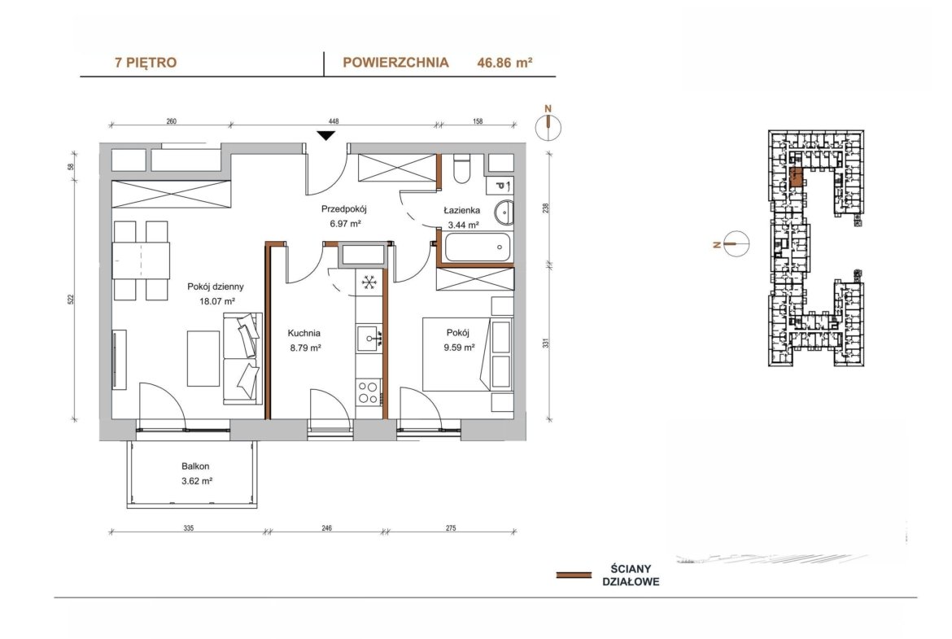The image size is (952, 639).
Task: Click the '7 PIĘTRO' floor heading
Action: [146, 63]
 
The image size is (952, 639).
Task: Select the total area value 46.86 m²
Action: [504, 63]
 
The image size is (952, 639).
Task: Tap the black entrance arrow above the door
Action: [326, 135]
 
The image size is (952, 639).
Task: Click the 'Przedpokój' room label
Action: [344, 209]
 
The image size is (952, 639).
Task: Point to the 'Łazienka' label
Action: [462, 210]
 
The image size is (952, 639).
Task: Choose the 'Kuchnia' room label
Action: [304, 333]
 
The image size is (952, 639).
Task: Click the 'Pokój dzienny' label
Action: [216, 287]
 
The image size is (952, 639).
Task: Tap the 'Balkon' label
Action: [195, 466]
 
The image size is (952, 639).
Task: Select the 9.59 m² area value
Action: [458, 348]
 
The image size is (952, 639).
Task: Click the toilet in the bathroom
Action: [462, 169]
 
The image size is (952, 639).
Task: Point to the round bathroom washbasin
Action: [504, 212]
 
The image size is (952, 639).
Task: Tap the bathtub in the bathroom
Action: [478, 247]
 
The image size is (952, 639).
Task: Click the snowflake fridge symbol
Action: [368, 282]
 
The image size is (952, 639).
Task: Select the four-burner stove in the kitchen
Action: [368, 392]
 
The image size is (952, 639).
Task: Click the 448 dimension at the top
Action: [334, 121]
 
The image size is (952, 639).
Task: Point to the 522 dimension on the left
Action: [71, 299]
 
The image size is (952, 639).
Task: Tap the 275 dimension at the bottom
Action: [451, 528]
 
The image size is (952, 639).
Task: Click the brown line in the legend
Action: [574, 576]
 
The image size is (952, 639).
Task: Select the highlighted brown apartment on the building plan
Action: [797, 177]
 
